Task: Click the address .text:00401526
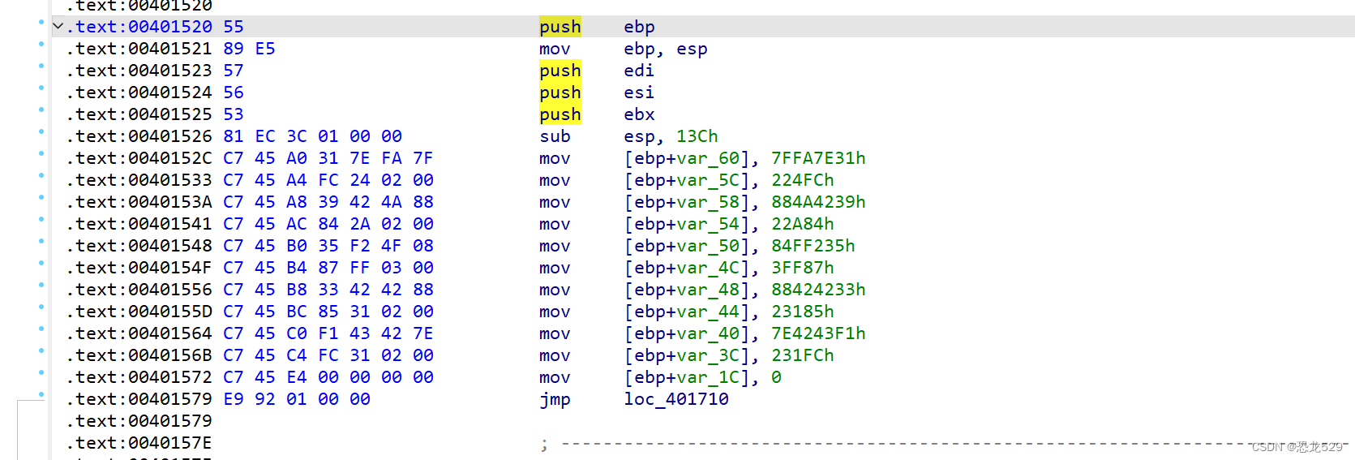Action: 139,136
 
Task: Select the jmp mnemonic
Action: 555,399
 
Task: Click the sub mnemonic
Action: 555,136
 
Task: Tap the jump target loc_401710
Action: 675,399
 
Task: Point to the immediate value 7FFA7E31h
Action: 817,158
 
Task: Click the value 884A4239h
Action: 817,202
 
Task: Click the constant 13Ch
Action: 697,136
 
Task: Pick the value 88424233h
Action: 817,290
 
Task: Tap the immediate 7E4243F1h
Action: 817,333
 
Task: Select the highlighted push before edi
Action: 560,71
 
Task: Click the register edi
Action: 639,71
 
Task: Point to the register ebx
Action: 639,114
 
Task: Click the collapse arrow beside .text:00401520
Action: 58,27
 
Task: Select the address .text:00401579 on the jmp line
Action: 139,399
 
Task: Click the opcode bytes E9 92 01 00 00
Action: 297,399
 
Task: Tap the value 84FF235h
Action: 813,246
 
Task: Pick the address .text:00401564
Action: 139,333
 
